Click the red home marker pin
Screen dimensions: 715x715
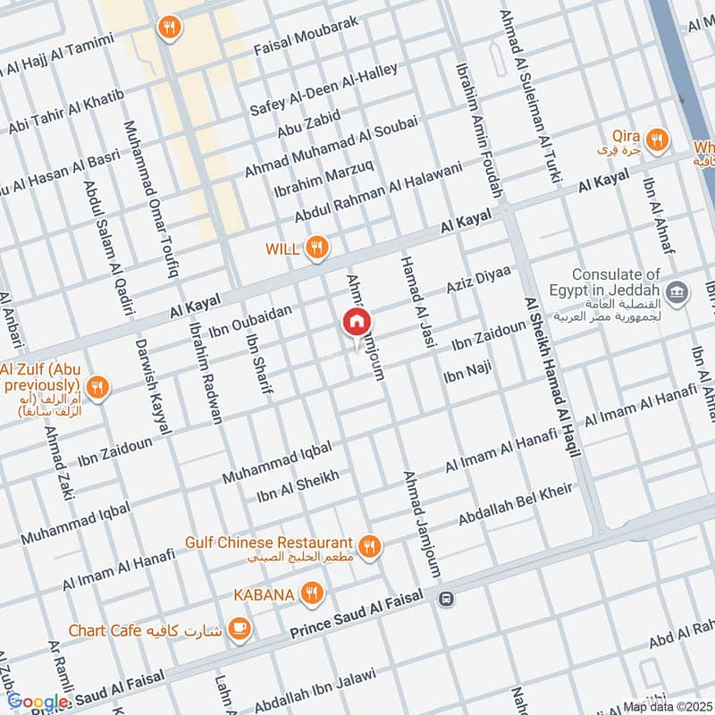click(357, 323)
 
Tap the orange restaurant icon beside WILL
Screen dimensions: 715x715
click(315, 248)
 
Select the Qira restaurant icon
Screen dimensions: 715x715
click(657, 139)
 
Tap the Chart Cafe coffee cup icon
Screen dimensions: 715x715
click(239, 629)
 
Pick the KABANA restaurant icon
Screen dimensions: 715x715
click(311, 592)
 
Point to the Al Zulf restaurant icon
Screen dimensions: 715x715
click(99, 387)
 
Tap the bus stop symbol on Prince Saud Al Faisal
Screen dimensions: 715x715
click(447, 599)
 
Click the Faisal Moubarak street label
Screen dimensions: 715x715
click(307, 34)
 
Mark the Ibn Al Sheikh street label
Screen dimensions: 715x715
click(298, 487)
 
